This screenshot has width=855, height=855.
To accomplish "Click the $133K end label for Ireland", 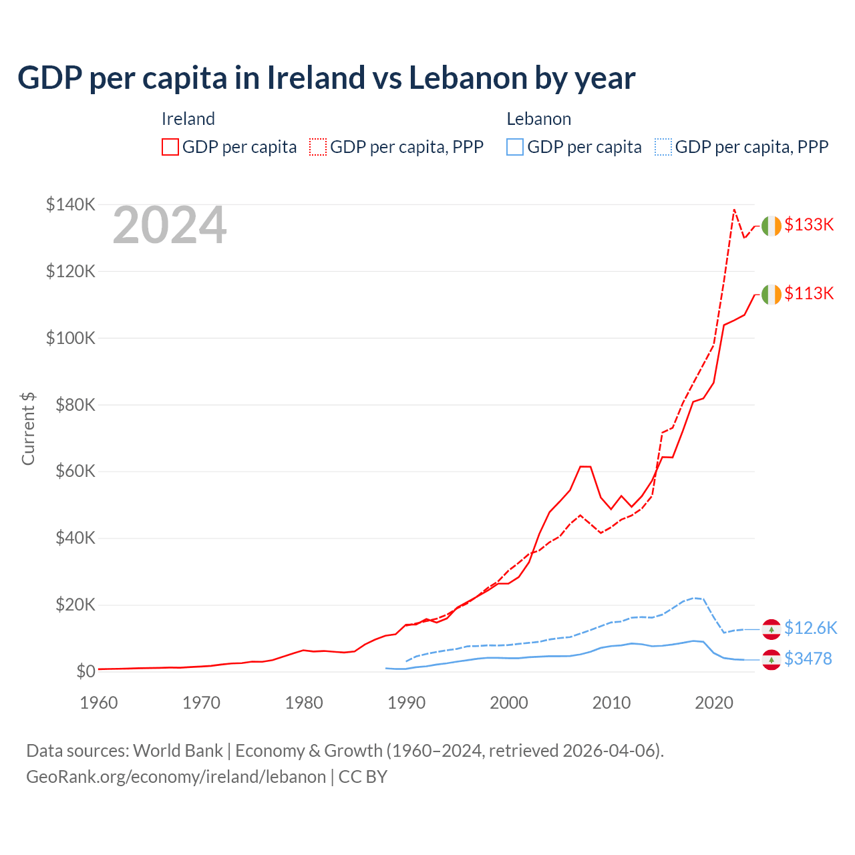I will (809, 225).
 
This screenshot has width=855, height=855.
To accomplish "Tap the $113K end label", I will (809, 293).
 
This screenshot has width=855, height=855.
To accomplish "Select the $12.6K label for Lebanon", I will (810, 628).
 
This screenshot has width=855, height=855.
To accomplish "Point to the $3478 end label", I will (808, 659).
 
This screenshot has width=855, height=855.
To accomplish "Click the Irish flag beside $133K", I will (771, 226).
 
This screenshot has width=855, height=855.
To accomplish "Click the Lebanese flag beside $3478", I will (771, 659).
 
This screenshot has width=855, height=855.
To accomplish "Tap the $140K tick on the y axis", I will (70, 204).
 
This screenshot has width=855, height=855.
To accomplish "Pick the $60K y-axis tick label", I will (75, 471).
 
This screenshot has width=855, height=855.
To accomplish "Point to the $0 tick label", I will (85, 671).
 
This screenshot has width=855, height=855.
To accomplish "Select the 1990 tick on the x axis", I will (406, 703).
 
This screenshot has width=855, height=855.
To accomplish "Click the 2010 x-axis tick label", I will (611, 703).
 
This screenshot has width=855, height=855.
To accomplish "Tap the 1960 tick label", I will (99, 703).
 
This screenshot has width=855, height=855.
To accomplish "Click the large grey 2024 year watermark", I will (170, 226).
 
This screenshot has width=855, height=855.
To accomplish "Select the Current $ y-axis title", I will (28, 428).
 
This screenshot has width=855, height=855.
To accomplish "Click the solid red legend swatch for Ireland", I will (170, 147).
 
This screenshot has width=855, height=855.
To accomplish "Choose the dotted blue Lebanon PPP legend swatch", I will (663, 147).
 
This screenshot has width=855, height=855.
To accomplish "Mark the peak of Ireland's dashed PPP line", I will (734, 210).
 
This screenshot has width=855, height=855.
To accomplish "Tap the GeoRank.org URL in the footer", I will (176, 777).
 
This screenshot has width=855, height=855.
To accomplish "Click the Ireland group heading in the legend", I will (188, 119).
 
